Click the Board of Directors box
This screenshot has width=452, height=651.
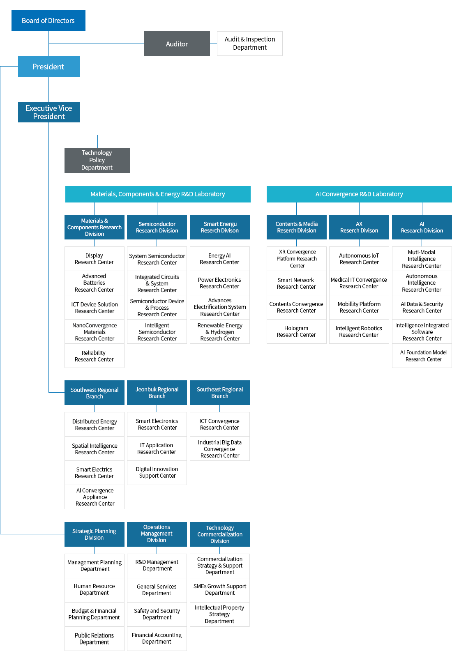coord(48,21)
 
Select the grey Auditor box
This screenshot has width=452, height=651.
coord(177,44)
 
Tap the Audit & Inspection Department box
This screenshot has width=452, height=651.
coord(250,44)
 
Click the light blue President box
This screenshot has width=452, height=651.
coord(49,67)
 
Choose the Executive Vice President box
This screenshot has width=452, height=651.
coord(49,112)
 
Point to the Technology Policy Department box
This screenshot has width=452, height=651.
coord(97,161)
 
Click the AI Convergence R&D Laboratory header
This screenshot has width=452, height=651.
coord(359,194)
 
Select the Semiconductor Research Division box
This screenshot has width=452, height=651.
coord(157,227)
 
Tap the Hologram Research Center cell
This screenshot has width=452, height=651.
coord(297,331)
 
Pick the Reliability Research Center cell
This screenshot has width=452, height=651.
coord(95,356)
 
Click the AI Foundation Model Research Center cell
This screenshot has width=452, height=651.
coord(422,356)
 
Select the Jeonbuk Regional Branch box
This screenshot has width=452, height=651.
coord(157,393)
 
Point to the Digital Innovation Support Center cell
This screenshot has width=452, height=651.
coord(157,473)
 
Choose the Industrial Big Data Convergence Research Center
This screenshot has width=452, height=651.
coord(220,449)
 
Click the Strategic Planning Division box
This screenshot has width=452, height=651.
coord(95,534)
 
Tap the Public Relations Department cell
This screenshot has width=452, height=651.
coord(95,639)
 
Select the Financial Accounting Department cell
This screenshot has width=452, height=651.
coord(157,639)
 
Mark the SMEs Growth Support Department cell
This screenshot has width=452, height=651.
coord(220,590)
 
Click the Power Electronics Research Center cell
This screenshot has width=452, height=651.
coord(220,283)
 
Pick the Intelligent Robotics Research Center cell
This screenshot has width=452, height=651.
coord(359,331)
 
